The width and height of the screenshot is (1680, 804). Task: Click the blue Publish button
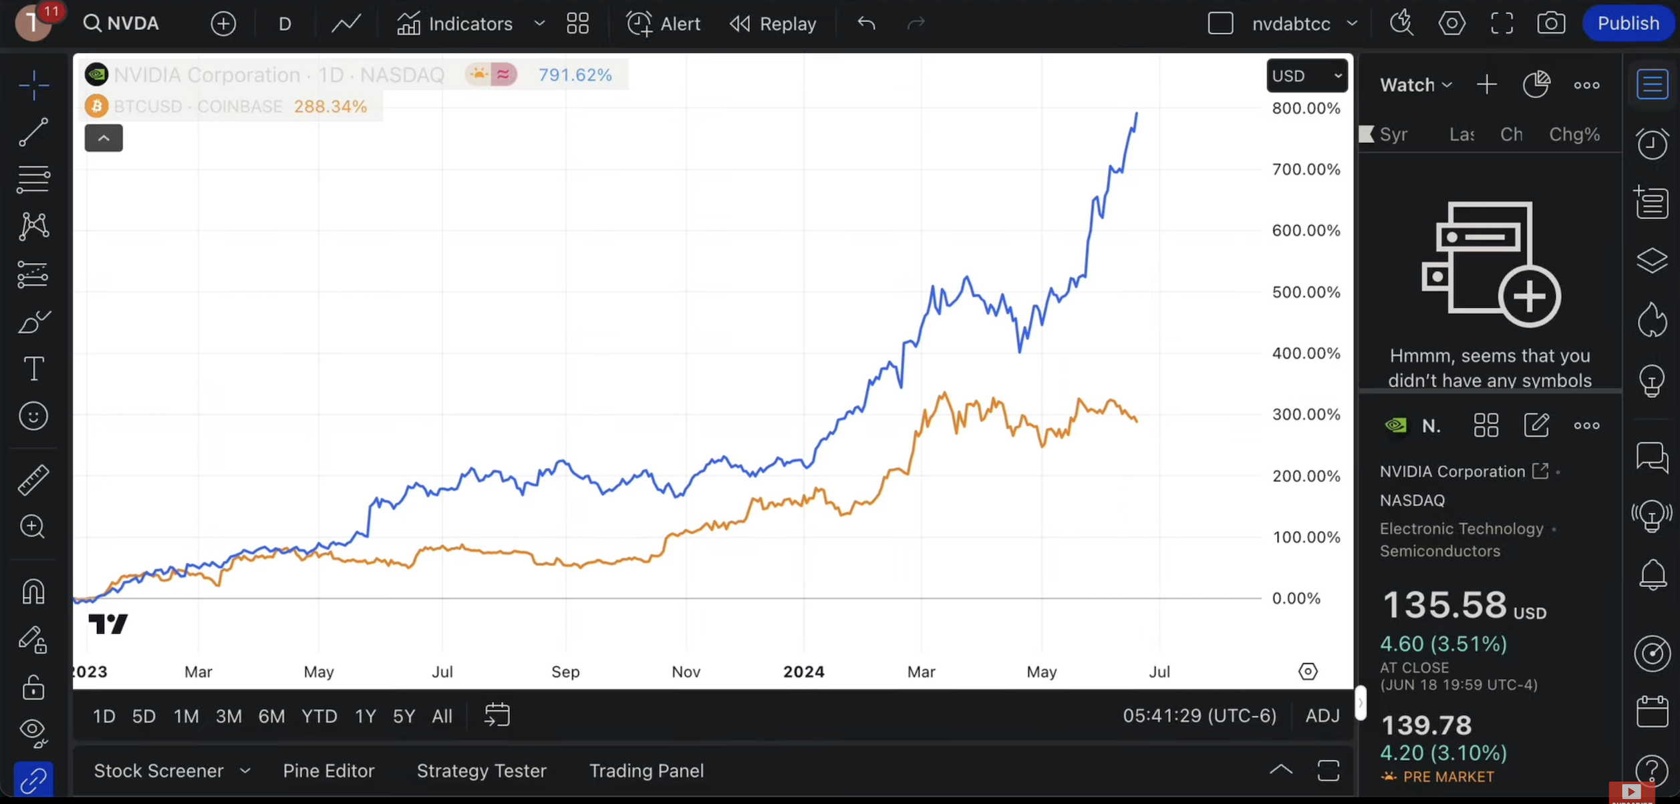point(1627,23)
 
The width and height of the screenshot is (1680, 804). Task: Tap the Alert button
point(663,24)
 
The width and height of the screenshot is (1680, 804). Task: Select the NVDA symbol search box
point(122,24)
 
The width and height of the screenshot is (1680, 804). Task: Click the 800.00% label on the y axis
point(1306,108)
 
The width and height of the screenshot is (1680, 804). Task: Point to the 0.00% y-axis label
point(1296,598)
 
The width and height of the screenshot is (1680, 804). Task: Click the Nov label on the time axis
point(686,672)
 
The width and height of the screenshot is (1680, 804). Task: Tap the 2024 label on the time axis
point(803,672)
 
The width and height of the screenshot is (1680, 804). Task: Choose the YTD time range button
point(319,717)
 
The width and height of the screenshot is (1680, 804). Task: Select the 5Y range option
point(404,717)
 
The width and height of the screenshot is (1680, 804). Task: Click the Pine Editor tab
point(328,771)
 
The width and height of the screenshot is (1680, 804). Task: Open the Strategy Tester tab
point(481,771)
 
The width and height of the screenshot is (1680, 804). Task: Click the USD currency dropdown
point(1306,75)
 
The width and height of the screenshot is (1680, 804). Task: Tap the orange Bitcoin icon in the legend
point(96,106)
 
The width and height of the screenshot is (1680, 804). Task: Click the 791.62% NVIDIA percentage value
point(575,75)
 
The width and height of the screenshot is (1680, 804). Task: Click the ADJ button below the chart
point(1322,716)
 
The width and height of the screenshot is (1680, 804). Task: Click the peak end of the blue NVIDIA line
point(1137,114)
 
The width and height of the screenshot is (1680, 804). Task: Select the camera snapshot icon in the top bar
point(1550,23)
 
